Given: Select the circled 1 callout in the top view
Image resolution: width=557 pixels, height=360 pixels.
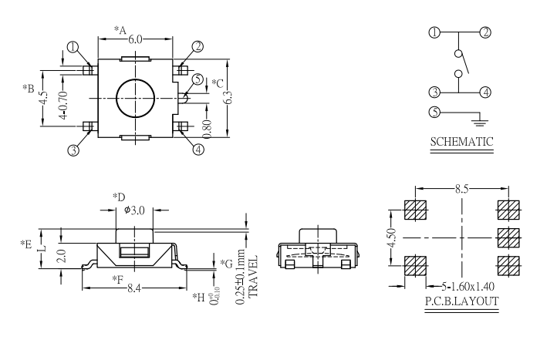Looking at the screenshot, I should tap(73, 47).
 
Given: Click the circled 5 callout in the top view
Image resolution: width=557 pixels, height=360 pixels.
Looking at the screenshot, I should tap(198, 79).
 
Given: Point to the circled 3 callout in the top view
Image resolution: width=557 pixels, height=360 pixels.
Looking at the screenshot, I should tap(73, 150).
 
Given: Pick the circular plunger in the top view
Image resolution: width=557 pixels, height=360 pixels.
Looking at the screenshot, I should tap(135, 98).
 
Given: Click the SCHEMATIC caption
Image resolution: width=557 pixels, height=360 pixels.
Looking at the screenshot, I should tap(461, 142).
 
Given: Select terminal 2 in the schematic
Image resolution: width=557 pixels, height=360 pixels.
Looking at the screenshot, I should tap(485, 32).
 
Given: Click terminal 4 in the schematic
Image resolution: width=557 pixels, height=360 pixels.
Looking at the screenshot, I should tap(485, 92).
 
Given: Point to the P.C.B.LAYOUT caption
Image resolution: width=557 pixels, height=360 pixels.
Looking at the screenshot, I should tap(461, 301).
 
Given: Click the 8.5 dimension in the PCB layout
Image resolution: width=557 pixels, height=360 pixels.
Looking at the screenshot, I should tap(461, 187).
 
